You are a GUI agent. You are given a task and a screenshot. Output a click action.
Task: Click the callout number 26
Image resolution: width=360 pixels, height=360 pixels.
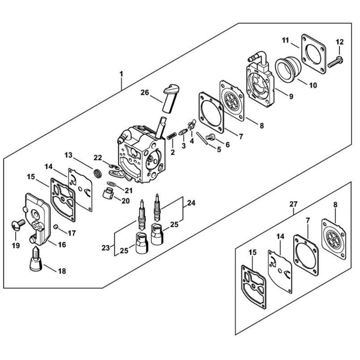145,93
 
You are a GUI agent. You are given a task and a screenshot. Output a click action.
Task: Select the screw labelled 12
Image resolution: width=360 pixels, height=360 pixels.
335,62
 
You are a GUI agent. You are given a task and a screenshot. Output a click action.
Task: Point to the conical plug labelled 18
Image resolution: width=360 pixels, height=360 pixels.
36,260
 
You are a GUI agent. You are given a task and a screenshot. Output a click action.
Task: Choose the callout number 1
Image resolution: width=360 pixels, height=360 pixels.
121,74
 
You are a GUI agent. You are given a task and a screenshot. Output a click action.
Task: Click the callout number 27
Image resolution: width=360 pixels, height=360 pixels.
293,204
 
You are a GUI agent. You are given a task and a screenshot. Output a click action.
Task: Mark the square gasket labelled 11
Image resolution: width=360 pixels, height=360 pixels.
314,53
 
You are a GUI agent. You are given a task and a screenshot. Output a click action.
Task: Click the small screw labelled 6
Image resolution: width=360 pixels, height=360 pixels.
210,136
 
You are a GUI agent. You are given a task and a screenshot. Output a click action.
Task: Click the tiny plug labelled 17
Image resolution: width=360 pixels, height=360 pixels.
56,227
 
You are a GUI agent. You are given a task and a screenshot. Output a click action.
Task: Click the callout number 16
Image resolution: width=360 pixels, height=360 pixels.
62,245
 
